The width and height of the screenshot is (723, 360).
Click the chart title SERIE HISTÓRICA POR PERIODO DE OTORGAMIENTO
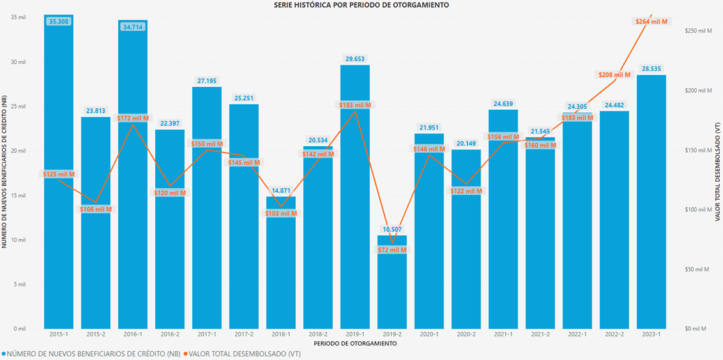361,5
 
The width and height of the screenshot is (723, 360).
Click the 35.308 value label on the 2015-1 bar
59,22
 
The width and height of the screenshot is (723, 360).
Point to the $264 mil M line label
651,22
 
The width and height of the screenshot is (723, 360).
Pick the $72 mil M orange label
392,250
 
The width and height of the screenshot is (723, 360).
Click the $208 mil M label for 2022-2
614,75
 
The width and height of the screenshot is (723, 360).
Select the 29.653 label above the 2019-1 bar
355,58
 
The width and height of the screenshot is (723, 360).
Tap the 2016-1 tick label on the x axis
133,334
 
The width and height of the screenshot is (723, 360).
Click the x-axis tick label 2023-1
651,334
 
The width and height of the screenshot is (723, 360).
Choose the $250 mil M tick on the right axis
697,31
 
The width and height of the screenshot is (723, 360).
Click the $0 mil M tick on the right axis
694,329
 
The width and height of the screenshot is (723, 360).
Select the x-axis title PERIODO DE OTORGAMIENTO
355,343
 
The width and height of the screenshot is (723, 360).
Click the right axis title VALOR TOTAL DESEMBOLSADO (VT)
718,172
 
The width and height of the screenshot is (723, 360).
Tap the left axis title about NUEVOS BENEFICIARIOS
5,172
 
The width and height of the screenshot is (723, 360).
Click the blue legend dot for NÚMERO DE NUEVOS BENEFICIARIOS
4,354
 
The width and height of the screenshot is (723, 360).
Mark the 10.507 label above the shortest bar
392,229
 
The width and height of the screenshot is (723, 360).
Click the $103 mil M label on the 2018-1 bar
281,213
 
